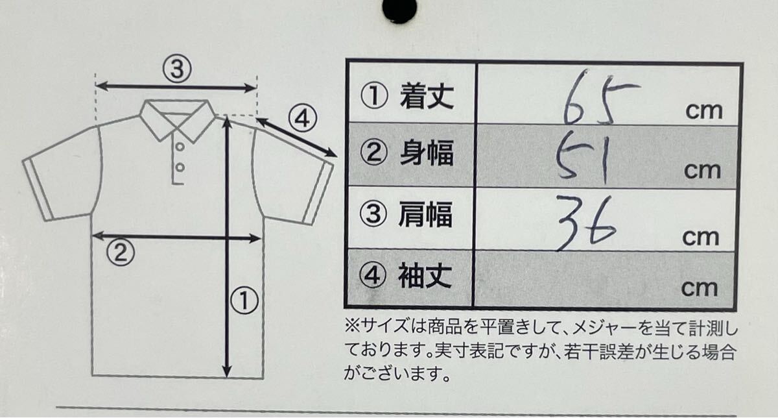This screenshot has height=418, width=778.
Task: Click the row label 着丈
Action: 427,97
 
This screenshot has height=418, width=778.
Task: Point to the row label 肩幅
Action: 427,215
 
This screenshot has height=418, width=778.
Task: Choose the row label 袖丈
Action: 427,277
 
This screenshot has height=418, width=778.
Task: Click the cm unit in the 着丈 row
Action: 703,110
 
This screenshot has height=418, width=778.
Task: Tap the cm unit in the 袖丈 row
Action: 700,287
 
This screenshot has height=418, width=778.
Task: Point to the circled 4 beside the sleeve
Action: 301,120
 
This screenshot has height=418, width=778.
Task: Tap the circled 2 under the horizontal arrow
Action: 120,252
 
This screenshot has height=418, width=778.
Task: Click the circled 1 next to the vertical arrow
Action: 245,301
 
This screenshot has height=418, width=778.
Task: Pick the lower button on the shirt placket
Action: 180,167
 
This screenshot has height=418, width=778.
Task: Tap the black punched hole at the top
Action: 399,9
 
